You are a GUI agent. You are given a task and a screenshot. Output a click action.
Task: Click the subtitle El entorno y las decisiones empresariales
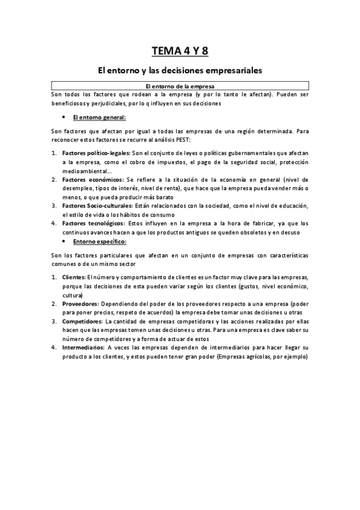(x=180, y=70)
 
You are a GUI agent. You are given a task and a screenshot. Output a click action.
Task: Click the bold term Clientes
(x=74, y=277)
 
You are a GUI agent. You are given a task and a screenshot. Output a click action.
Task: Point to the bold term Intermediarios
(x=84, y=348)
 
